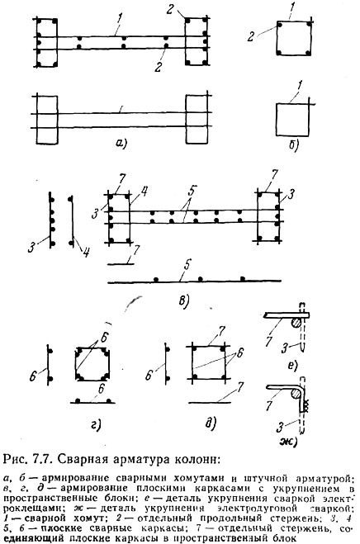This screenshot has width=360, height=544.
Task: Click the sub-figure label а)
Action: click(121, 143)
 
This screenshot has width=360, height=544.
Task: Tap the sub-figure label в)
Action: click(183, 301)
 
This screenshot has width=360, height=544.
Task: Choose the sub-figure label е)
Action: click(294, 366)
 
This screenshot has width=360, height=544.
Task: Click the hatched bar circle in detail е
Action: click(296, 323)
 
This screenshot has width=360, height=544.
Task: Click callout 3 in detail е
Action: click(285, 348)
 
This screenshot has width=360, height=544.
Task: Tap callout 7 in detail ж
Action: click(268, 405)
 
